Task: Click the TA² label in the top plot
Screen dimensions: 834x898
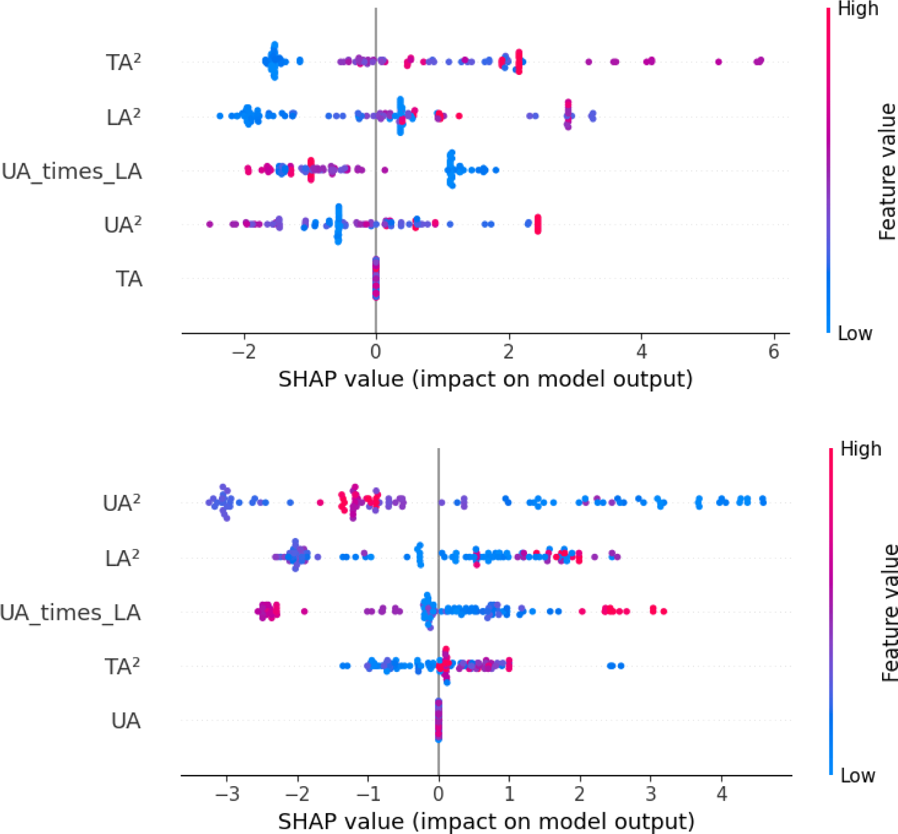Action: pos(123,62)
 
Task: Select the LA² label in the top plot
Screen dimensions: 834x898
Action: pos(123,117)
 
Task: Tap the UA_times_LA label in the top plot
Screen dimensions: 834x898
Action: pos(72,171)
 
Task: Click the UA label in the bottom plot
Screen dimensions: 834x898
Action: pos(126,721)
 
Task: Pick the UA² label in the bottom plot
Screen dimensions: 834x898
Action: pos(122,503)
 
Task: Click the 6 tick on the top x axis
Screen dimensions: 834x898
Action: pos(774,351)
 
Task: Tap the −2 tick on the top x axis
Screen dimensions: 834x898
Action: pos(244,351)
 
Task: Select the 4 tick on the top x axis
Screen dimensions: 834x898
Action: pos(641,351)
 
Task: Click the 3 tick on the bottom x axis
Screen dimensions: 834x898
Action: pos(650,794)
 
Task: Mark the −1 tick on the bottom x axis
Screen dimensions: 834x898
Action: pos(368,794)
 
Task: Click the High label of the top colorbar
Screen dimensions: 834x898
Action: pos(858,9)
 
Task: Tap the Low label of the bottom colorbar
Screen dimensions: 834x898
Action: pos(858,776)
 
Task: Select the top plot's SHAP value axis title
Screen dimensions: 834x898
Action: pos(486,379)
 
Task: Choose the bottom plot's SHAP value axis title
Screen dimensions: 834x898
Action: pos(486,821)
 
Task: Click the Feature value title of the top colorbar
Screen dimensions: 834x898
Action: pos(887,171)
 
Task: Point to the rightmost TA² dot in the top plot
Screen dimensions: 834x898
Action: pos(761,61)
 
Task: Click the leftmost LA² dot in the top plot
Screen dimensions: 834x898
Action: pos(220,115)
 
